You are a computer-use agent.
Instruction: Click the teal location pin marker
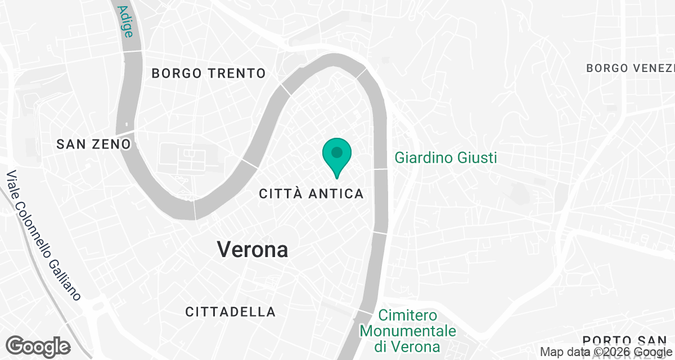click(x=337, y=155)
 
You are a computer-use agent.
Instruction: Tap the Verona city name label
click(x=253, y=250)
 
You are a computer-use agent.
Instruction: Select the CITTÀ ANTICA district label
click(x=311, y=193)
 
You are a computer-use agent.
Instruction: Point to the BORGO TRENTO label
click(x=209, y=73)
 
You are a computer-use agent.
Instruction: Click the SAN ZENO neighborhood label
click(x=93, y=145)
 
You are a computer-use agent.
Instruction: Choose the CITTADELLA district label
click(x=231, y=312)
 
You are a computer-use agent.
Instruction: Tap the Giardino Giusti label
click(x=445, y=157)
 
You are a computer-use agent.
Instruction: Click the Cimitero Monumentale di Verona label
click(x=408, y=330)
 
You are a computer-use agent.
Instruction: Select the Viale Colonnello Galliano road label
click(x=43, y=236)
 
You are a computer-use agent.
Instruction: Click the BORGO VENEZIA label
click(x=630, y=68)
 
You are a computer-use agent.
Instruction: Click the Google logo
click(x=38, y=346)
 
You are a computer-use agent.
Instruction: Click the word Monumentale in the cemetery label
click(x=408, y=330)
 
